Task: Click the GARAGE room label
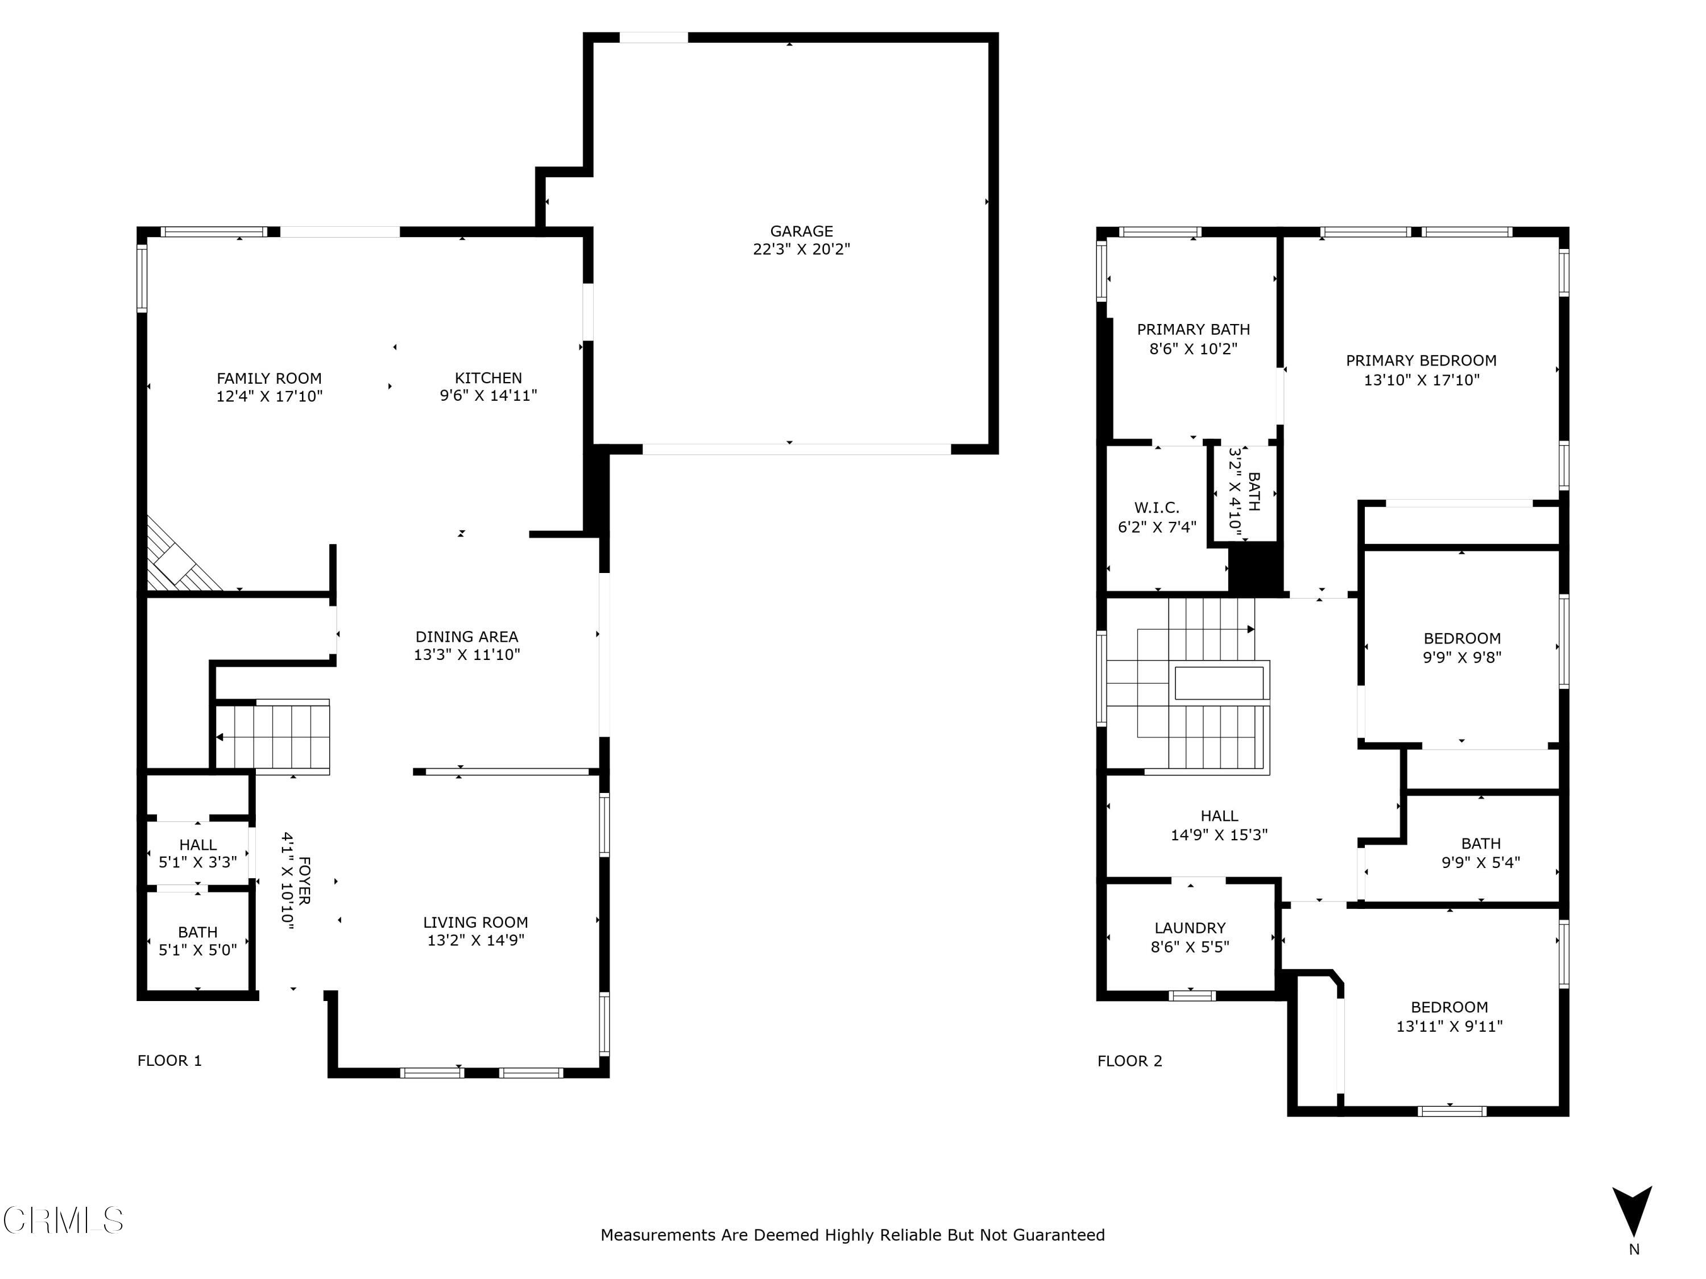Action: tap(801, 231)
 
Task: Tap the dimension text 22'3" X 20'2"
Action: tap(801, 249)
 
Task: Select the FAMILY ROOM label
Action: tap(268, 379)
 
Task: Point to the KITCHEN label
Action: tap(488, 378)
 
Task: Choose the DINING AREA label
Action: tap(467, 637)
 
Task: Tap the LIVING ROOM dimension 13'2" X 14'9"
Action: tap(476, 940)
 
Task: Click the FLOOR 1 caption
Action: tap(169, 1061)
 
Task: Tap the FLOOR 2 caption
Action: tap(1129, 1061)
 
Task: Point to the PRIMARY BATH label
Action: tap(1193, 330)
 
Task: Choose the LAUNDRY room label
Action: tap(1190, 928)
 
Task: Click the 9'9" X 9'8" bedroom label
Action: tap(1461, 658)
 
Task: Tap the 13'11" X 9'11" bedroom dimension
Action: tap(1449, 1026)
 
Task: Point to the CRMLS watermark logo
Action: tap(63, 1220)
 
